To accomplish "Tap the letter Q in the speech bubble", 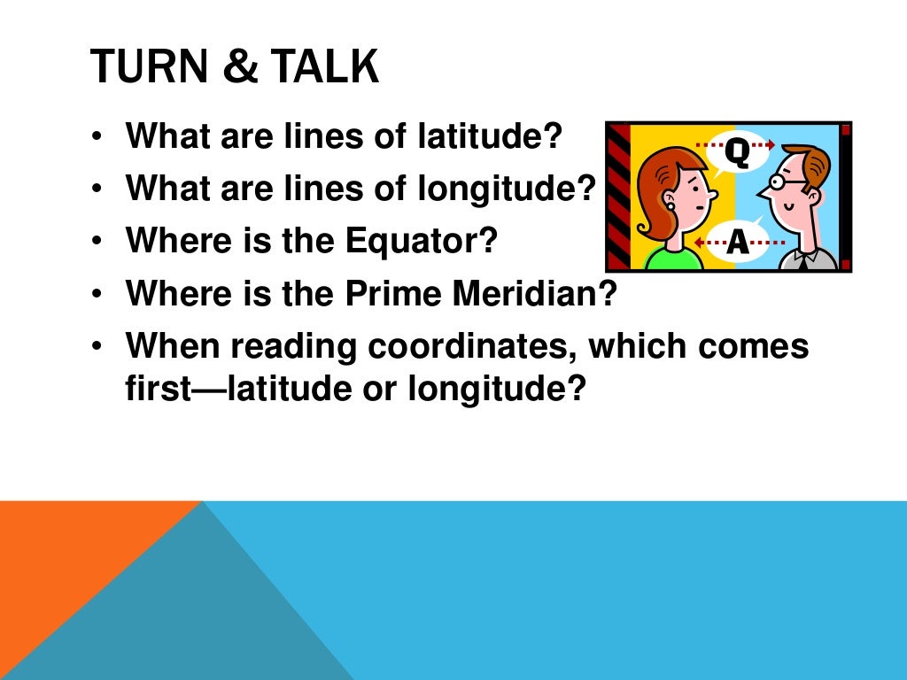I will click(738, 151).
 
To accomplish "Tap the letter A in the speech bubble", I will click(737, 243).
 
